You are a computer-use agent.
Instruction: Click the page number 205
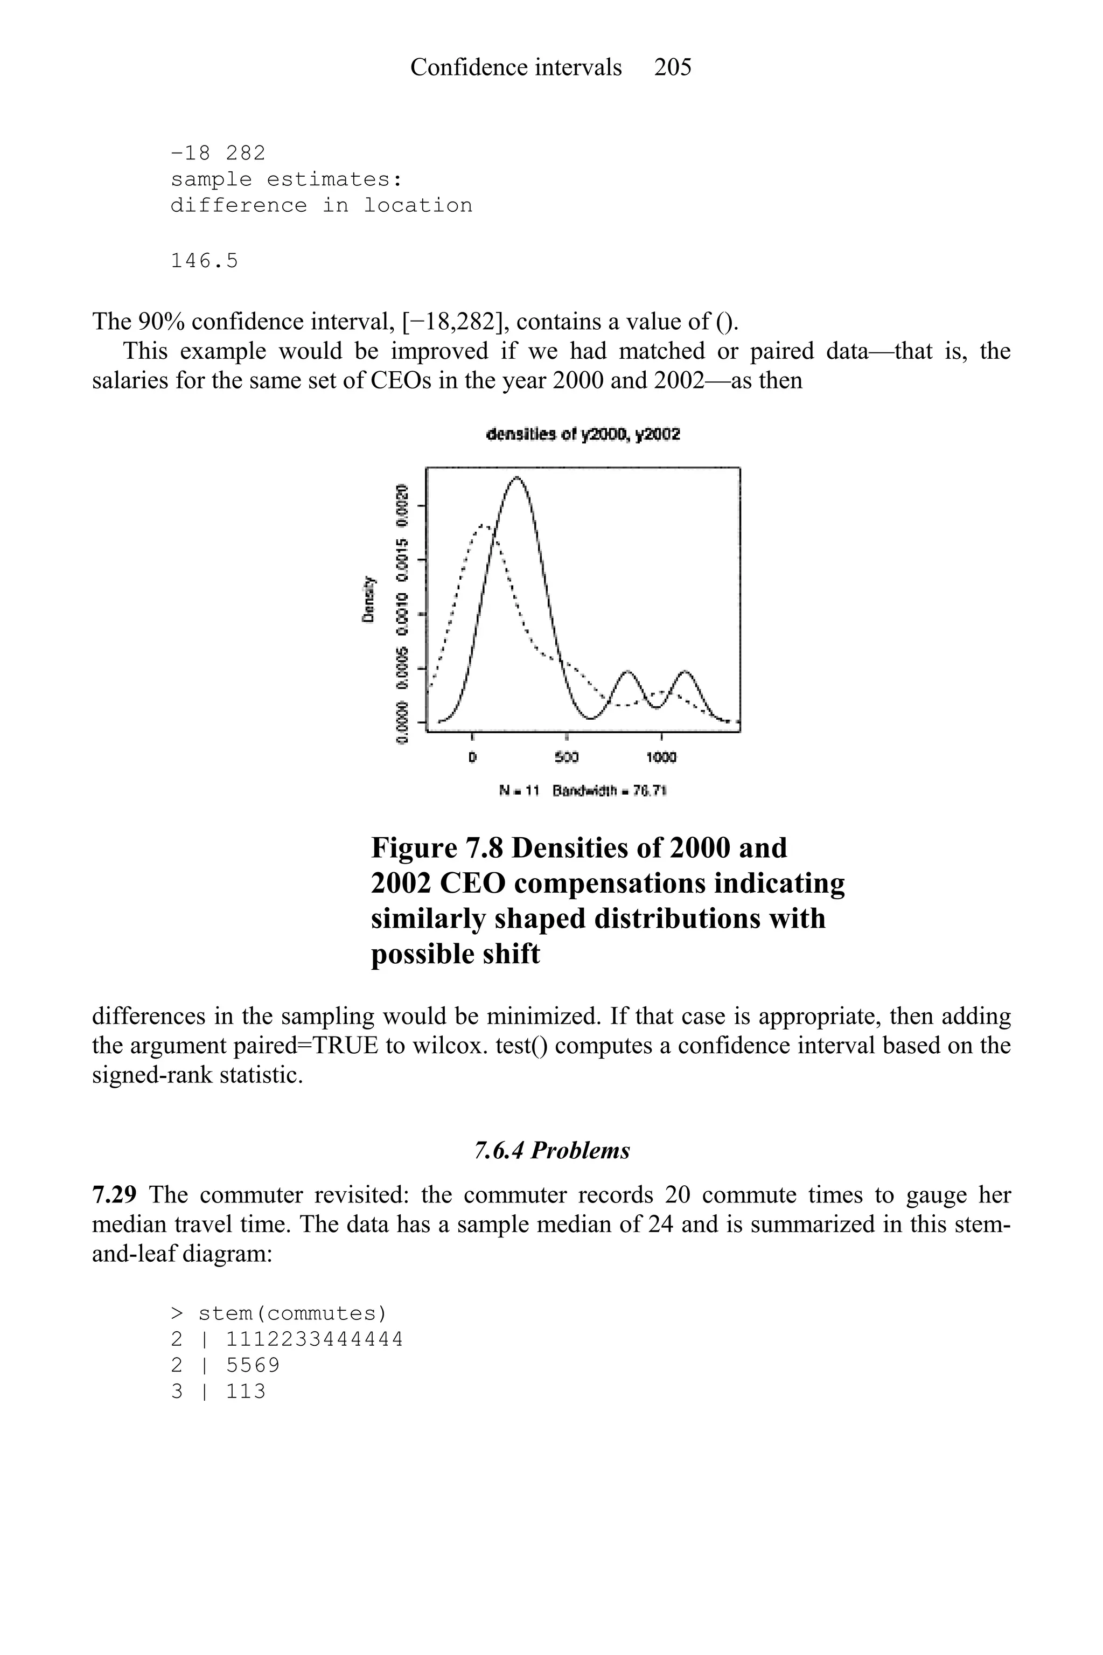(x=673, y=67)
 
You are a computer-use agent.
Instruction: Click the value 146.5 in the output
(x=205, y=261)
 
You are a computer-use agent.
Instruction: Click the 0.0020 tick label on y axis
(x=402, y=504)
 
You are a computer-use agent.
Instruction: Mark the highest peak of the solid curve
(x=517, y=478)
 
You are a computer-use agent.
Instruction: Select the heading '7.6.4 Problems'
(x=551, y=1151)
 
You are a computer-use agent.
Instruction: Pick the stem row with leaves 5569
(x=225, y=1366)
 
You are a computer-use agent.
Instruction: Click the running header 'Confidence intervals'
(x=515, y=67)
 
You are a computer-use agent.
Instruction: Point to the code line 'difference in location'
(x=322, y=205)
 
